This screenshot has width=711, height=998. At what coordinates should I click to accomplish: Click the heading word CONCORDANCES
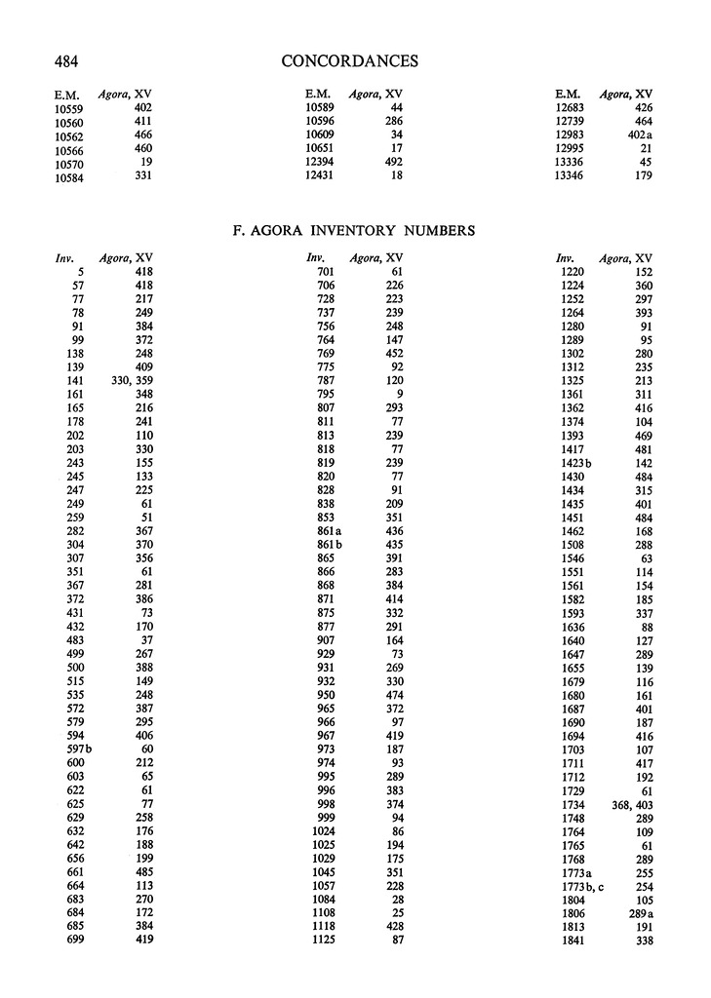point(349,61)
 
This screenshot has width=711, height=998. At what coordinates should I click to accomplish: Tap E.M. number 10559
point(71,107)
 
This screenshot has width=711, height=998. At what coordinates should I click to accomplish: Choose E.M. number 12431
point(322,175)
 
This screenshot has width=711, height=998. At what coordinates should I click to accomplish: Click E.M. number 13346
point(573,175)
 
